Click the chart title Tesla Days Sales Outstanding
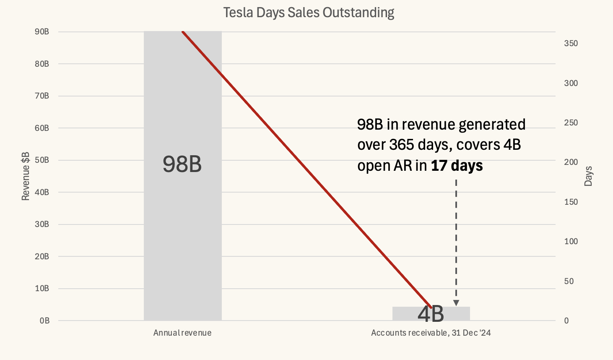309,13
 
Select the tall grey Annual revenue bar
182,231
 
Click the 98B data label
182,164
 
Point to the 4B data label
431,314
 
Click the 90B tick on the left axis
42,32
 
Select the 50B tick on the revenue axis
42,160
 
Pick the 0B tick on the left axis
44,321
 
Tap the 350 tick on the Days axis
571,44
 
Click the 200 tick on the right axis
571,162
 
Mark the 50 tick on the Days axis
569,281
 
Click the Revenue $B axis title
26,176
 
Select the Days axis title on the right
588,176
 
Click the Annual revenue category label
182,333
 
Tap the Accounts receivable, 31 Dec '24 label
431,333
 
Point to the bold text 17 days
457,166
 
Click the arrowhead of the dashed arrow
456,303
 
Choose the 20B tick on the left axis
42,256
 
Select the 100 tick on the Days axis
571,242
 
